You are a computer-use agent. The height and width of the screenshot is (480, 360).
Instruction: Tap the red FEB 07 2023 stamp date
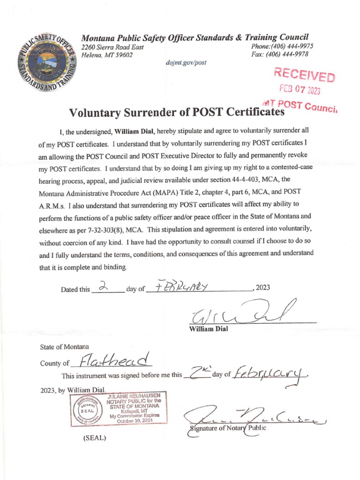(x=300, y=89)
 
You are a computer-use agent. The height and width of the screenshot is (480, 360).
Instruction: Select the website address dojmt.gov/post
(x=186, y=62)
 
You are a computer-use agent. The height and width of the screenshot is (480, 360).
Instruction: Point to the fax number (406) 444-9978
(x=291, y=54)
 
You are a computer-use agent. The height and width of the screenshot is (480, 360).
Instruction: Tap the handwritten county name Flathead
(x=115, y=360)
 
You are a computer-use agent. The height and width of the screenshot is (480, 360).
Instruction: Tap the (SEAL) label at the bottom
(x=94, y=438)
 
